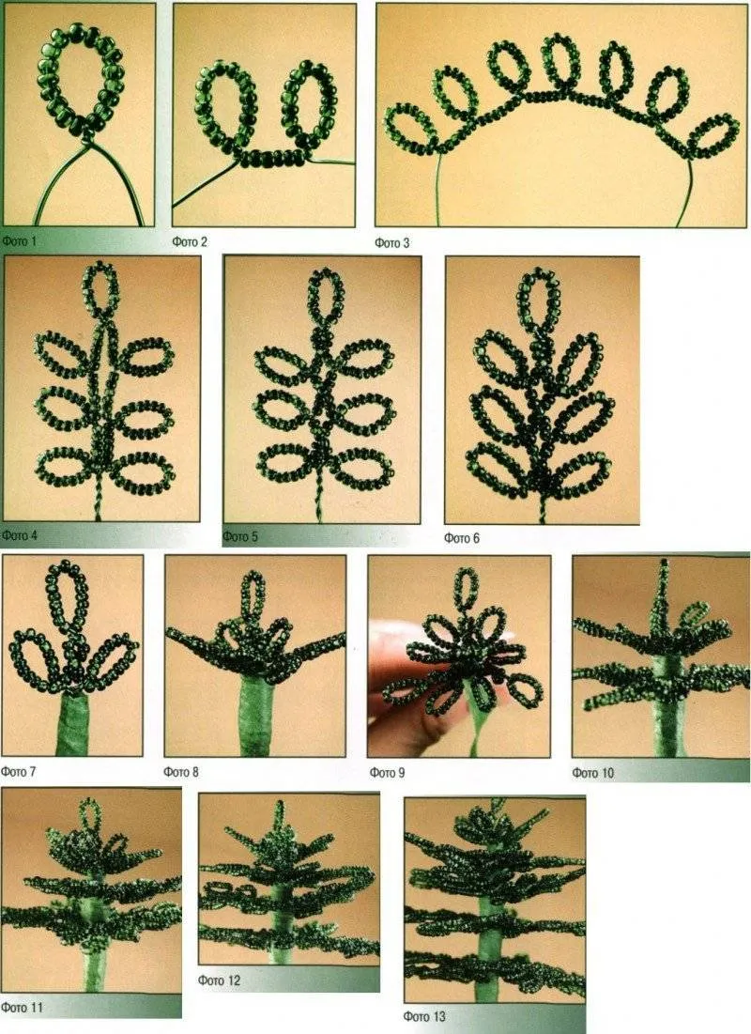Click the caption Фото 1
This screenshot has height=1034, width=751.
19,241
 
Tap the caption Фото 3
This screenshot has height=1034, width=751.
392,242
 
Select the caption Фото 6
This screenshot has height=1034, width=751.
462,538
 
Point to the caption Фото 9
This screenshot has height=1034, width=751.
387,772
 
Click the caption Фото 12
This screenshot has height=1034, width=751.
219,980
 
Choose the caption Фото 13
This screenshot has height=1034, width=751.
424,1016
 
